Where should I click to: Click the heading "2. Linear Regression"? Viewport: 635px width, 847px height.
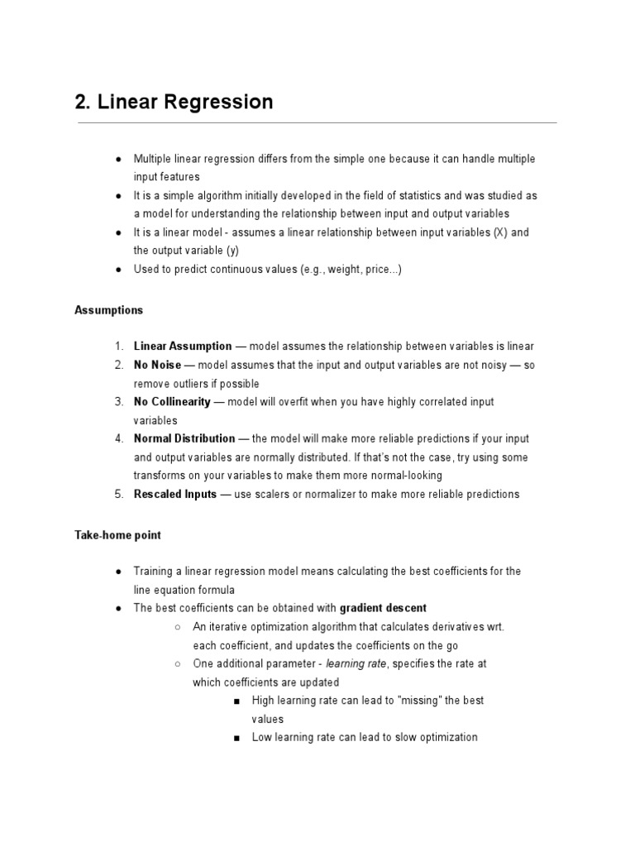coord(174,102)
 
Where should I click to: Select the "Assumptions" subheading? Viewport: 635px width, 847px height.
coord(108,310)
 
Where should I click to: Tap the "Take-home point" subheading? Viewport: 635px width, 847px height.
coord(117,535)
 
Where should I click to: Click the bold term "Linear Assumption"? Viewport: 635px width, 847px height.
coord(183,347)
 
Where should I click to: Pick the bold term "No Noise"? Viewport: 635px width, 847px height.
coord(157,365)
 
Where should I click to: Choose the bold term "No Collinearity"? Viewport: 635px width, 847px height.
coord(173,402)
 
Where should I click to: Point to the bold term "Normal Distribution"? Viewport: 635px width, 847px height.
coord(184,439)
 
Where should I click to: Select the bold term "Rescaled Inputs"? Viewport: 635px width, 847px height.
coord(175,495)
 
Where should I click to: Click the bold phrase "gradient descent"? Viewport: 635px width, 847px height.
coord(383,608)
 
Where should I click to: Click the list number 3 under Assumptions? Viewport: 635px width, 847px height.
coord(119,402)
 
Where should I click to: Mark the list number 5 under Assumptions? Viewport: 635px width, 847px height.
coord(119,495)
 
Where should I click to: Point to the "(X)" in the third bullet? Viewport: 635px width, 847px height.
coord(500,232)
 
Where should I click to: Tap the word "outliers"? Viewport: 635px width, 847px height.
coord(194,384)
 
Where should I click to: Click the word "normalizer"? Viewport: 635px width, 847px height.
coord(329,495)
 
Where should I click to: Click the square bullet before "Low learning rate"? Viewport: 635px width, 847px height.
coord(236,738)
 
